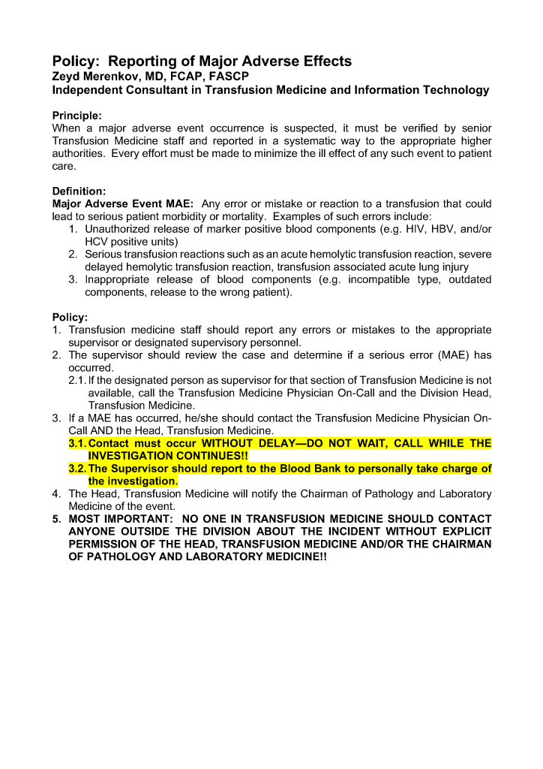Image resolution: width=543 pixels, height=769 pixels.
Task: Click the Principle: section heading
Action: coord(76,116)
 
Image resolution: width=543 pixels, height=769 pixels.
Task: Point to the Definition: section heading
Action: coord(79,191)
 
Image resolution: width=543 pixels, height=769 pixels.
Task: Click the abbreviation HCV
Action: coord(97,242)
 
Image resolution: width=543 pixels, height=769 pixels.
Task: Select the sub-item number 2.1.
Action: coord(77,381)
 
